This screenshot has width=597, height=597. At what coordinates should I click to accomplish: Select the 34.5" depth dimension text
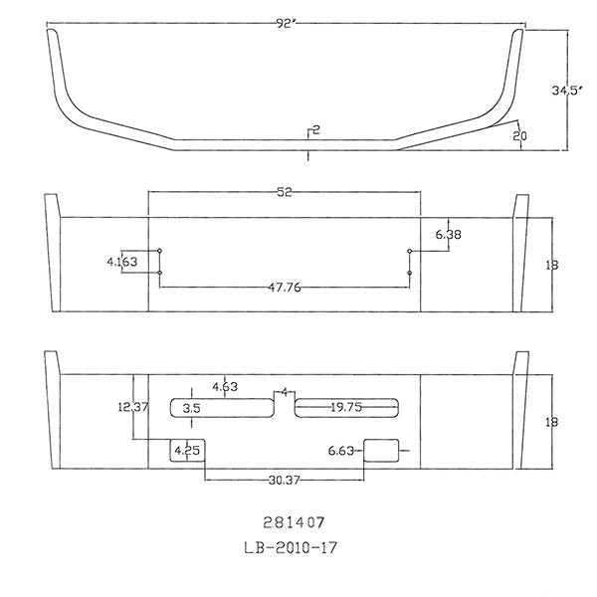(x=566, y=91)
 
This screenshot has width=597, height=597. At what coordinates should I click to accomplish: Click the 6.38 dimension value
(x=449, y=234)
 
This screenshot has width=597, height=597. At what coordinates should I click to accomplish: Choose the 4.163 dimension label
(x=121, y=262)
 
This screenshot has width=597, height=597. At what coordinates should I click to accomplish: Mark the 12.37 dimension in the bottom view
(x=133, y=406)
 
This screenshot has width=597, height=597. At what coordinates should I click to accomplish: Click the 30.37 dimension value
(x=286, y=481)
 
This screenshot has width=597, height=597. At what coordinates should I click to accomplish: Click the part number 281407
(x=287, y=520)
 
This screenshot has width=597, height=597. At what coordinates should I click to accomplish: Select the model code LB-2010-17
(x=287, y=546)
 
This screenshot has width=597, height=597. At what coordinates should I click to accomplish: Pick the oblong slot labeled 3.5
(x=221, y=408)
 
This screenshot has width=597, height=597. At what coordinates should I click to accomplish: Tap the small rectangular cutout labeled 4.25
(x=185, y=450)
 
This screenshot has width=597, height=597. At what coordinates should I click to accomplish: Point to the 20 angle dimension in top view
(x=519, y=136)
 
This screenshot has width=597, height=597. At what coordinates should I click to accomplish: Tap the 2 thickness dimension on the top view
(x=314, y=130)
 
